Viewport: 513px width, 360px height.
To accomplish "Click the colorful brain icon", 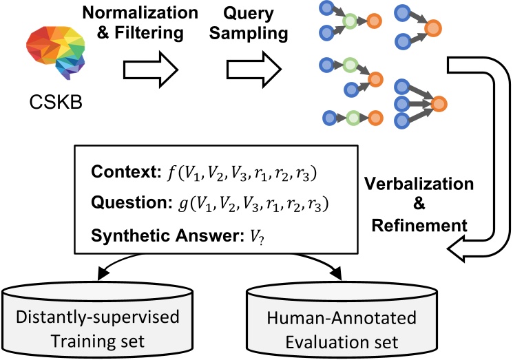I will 54,55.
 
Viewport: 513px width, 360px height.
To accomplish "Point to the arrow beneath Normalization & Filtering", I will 150,68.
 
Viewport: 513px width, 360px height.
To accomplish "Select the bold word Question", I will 117,204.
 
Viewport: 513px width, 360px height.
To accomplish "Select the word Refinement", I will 430,224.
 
